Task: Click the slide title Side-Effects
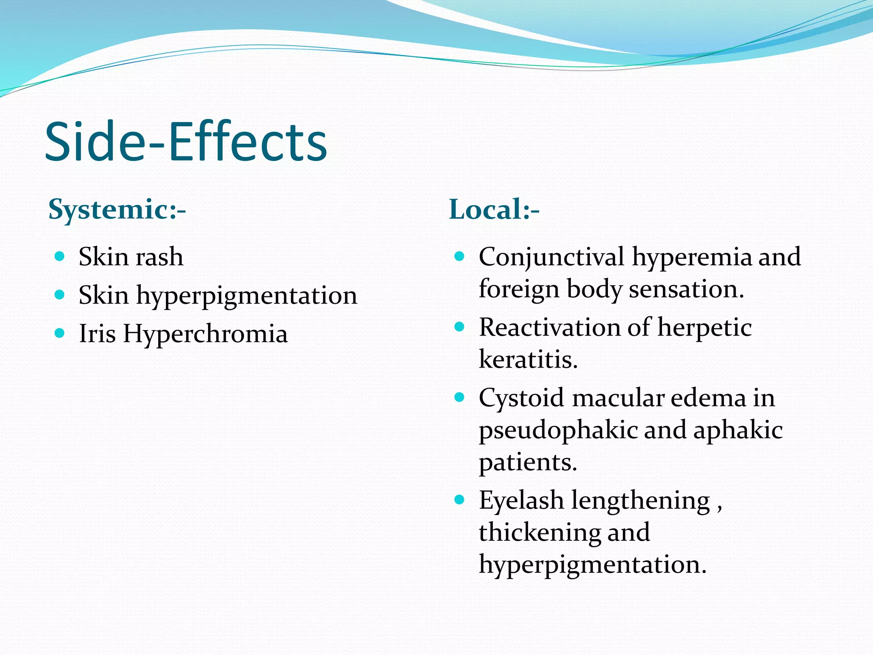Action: (x=186, y=142)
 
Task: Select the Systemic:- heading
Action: (x=117, y=209)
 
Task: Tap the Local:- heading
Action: (x=494, y=209)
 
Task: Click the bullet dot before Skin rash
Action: (x=60, y=256)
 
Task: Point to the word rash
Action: (x=160, y=257)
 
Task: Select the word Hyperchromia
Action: (x=205, y=334)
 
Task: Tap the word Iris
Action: (x=97, y=333)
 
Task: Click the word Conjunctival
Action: (x=551, y=258)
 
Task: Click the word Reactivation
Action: (x=549, y=327)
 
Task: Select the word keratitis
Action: (x=528, y=359)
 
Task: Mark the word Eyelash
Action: (x=521, y=501)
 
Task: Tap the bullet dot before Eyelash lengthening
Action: (x=459, y=499)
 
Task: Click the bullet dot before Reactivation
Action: (x=459, y=327)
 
